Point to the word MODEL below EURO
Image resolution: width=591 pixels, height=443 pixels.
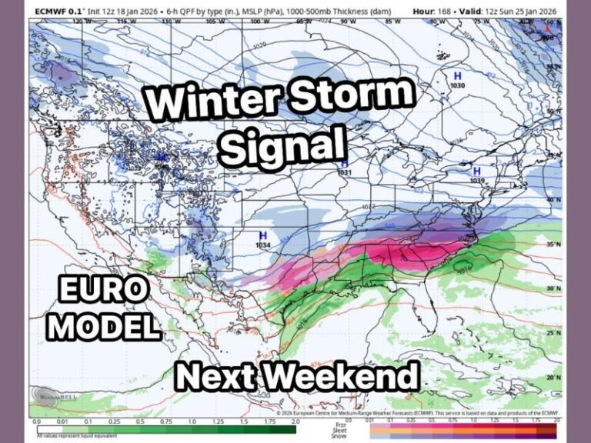tap(105, 326)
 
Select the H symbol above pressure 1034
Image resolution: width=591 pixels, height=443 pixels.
tap(262, 235)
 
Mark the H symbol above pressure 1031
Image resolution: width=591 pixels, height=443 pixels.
tap(345, 164)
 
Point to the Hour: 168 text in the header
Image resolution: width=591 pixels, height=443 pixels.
tap(435, 11)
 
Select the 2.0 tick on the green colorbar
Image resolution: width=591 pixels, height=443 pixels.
tap(295, 421)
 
